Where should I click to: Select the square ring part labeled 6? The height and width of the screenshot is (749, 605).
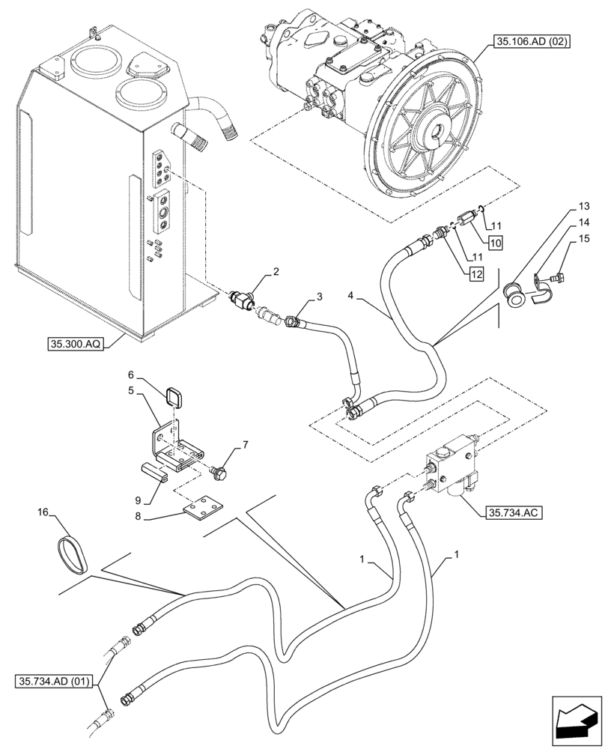177,393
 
